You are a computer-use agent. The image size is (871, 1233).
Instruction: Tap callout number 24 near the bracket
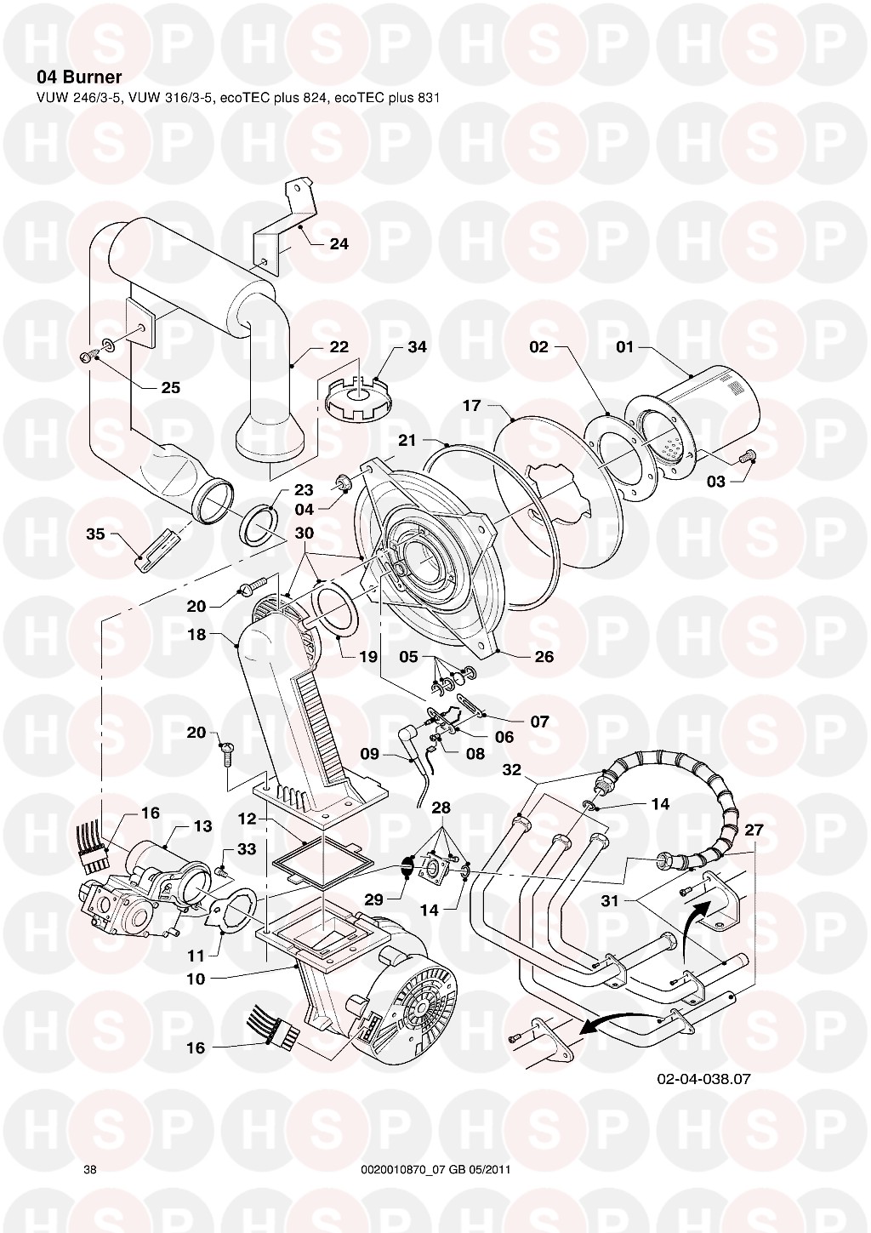point(339,244)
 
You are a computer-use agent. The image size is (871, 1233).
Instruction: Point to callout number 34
point(417,347)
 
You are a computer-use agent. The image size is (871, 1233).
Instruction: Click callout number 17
point(472,406)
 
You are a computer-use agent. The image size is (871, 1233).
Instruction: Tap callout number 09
point(369,753)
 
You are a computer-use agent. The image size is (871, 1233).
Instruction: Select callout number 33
point(247,850)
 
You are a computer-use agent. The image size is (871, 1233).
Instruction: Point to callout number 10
point(196,979)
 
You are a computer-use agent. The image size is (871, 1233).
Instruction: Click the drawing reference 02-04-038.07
point(703,1079)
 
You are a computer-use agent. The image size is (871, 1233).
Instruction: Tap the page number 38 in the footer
point(90,1169)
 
